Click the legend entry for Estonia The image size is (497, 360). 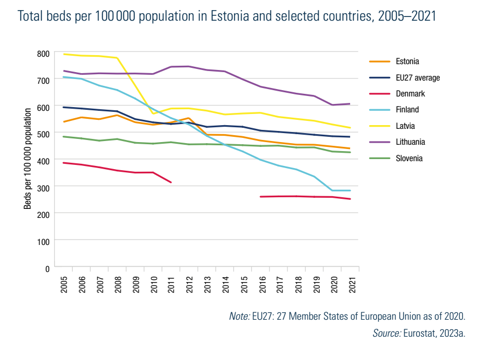click(x=407, y=62)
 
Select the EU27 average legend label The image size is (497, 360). click(x=417, y=78)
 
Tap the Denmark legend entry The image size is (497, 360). click(x=410, y=94)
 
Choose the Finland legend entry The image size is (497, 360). click(x=407, y=110)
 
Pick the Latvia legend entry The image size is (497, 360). click(x=405, y=126)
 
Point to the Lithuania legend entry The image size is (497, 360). click(x=410, y=142)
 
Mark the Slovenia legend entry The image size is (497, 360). click(x=409, y=158)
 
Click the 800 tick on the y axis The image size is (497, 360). click(x=43, y=54)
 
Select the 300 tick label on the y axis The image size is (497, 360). click(x=43, y=187)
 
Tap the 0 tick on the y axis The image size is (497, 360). click(x=47, y=268)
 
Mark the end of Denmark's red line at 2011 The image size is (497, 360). click(x=171, y=182)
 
